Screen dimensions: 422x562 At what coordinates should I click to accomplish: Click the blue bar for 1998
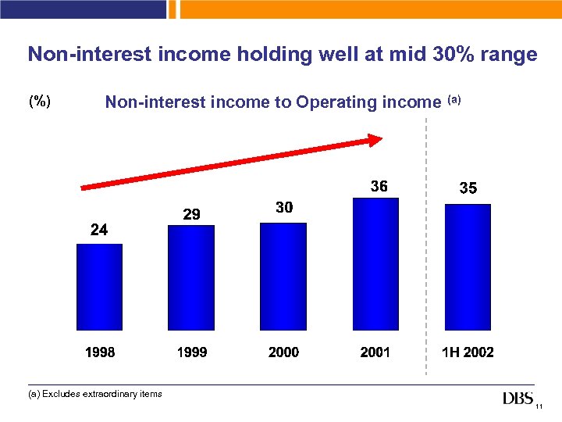click(x=99, y=287)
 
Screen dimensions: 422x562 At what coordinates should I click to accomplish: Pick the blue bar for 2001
click(x=375, y=264)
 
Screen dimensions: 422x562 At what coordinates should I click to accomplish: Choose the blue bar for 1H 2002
click(x=468, y=266)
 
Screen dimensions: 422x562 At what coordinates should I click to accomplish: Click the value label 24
click(x=99, y=230)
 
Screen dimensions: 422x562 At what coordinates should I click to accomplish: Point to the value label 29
click(x=191, y=213)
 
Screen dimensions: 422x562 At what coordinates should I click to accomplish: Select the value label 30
click(x=284, y=208)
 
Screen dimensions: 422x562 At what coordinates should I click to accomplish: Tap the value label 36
click(x=379, y=186)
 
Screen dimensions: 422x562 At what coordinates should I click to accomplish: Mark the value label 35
click(x=468, y=188)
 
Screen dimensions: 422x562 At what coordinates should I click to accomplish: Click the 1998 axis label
click(x=100, y=352)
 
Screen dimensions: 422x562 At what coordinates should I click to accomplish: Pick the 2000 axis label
click(x=283, y=352)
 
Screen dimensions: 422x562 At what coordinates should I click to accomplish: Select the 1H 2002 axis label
click(x=468, y=352)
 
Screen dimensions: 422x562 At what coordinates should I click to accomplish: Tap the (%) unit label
click(x=40, y=102)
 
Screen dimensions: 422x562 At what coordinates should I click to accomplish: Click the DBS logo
click(x=518, y=399)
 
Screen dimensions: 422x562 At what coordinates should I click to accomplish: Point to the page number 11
click(x=539, y=406)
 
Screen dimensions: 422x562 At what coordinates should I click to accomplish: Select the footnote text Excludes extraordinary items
click(x=101, y=394)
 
